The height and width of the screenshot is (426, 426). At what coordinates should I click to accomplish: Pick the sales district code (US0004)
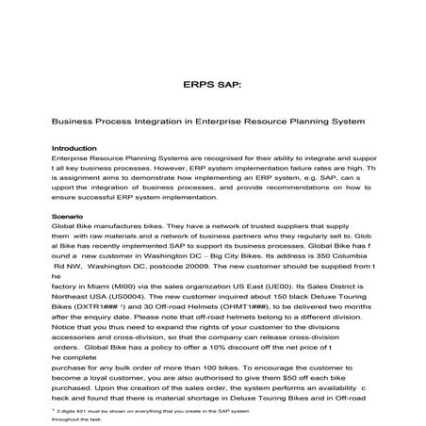(x=139, y=306)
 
